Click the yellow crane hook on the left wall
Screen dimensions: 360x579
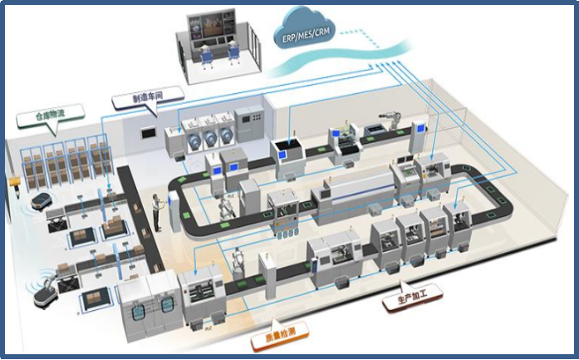coord(12,180)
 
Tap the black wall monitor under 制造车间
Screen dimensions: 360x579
coord(148,131)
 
